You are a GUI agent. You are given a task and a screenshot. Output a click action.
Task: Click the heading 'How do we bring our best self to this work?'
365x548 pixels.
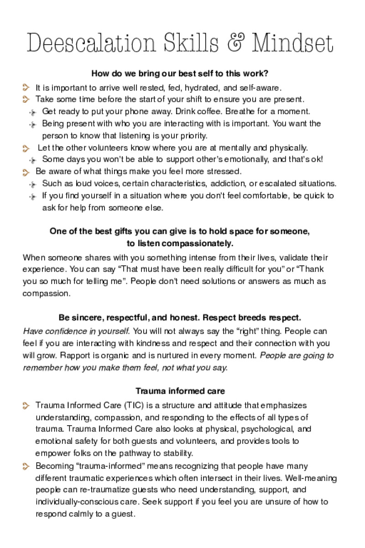pyautogui.click(x=180, y=73)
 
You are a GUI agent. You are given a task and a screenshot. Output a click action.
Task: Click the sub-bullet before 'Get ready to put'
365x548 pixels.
pyautogui.click(x=32, y=111)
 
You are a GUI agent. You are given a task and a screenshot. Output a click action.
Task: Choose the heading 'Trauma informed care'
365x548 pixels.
pyautogui.click(x=180, y=391)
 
